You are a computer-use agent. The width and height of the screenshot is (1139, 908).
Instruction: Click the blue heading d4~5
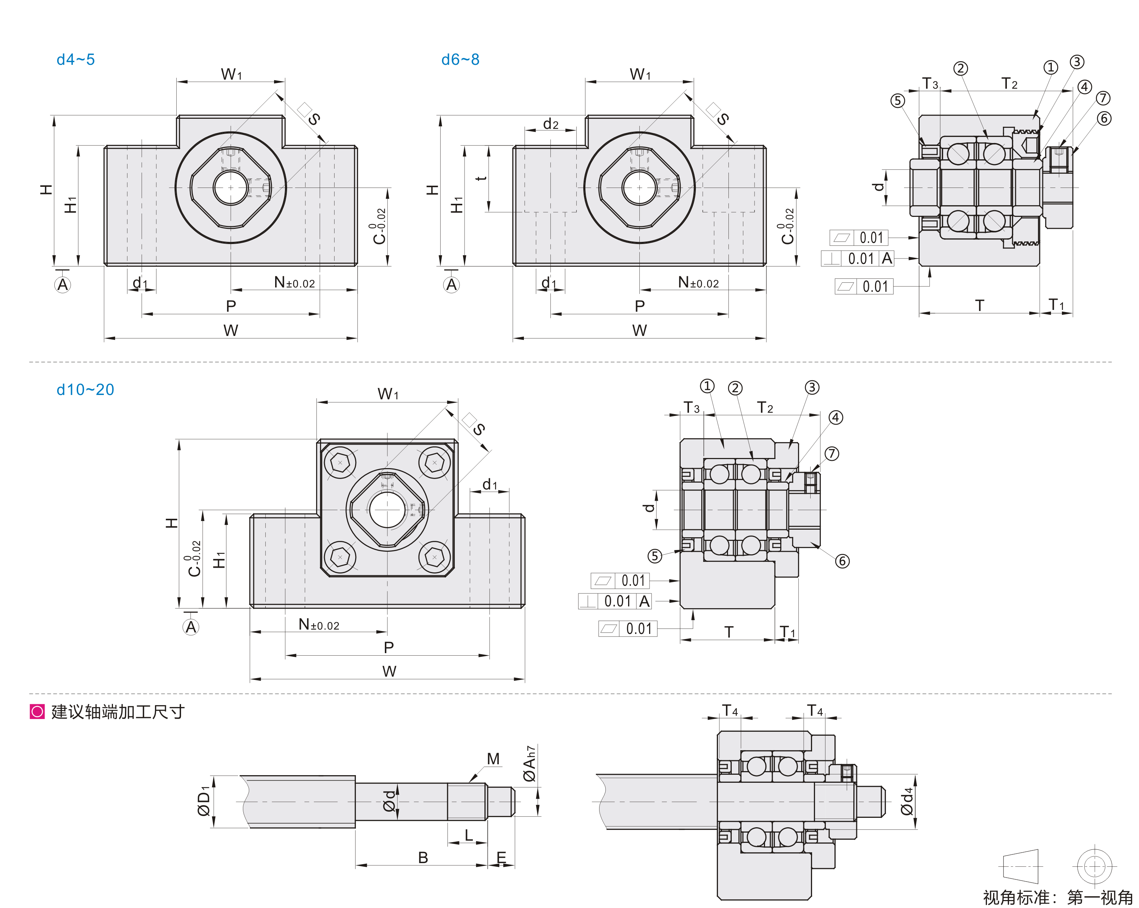(x=76, y=60)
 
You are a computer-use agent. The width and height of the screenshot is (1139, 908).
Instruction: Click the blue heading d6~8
(x=460, y=60)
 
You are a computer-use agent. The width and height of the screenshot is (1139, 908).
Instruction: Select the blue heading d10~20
(x=85, y=390)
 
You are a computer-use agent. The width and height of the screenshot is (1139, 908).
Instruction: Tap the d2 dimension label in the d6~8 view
(x=550, y=124)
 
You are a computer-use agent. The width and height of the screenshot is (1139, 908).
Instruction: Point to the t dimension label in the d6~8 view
(x=481, y=177)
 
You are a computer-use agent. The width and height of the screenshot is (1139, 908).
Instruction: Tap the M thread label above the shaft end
(x=493, y=759)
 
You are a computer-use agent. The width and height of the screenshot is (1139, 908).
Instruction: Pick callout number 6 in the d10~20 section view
(x=842, y=561)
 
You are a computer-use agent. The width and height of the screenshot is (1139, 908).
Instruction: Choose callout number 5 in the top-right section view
(x=898, y=100)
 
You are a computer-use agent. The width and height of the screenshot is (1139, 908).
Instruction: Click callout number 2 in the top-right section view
(x=961, y=68)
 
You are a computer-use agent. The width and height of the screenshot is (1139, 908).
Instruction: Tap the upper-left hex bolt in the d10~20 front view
(x=340, y=463)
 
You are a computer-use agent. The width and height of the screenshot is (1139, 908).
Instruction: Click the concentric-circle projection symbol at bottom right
(x=1094, y=866)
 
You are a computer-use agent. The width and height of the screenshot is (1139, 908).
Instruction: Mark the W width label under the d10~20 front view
(x=389, y=671)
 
